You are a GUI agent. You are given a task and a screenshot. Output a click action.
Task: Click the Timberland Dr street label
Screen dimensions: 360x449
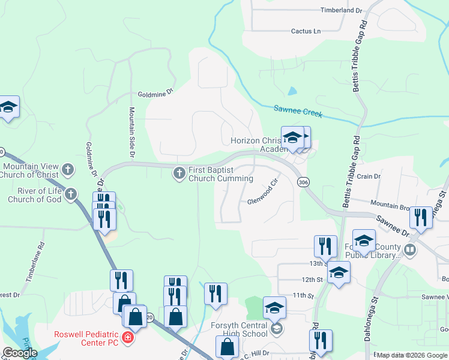342,11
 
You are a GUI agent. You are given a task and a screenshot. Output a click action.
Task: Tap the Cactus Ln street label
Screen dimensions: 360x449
306,31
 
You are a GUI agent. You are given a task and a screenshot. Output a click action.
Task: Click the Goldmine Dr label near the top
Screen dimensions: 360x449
155,93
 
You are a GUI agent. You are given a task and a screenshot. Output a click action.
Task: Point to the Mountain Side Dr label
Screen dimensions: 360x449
131,133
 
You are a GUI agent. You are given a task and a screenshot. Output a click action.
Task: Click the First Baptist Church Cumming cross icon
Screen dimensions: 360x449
179,173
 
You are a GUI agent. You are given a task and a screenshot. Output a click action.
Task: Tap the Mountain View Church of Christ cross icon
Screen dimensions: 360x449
68,170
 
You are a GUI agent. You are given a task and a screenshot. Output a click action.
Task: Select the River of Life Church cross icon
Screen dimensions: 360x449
71,194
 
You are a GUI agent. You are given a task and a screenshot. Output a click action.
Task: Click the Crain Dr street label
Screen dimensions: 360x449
369,176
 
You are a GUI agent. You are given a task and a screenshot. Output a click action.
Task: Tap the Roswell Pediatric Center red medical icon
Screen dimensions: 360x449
127,338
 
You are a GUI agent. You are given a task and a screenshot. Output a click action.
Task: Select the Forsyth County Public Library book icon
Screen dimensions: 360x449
411,250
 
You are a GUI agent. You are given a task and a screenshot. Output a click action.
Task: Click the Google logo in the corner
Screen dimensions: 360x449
19,353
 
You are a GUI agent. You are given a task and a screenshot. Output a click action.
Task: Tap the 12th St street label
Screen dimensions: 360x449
312,280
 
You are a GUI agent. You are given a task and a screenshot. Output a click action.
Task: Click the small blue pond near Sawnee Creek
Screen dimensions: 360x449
292,91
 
